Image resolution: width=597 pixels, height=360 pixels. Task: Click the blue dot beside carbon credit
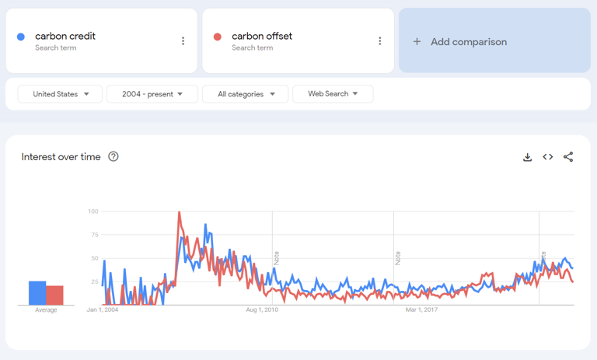pos(21,37)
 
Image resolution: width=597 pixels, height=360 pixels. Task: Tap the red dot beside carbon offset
pos(218,37)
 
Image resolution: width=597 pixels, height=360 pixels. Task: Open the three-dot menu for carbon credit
pos(183,41)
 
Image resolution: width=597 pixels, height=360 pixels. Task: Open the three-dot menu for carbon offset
pos(380,41)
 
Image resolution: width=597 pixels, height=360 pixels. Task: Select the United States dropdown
pos(61,94)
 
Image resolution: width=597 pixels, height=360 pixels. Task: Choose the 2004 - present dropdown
pos(152,94)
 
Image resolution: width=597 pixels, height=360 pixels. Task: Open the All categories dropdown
pos(246,94)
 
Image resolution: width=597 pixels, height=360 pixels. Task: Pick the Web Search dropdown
pos(333,94)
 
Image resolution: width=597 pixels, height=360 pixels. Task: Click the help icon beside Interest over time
pos(113,156)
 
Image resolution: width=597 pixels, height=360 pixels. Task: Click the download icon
pos(527,157)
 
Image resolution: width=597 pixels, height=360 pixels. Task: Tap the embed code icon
pos(548,157)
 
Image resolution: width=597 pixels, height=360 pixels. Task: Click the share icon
pos(568,157)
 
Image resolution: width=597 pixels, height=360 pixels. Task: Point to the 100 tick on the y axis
pos(93,211)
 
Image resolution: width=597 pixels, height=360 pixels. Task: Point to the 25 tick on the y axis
pos(95,281)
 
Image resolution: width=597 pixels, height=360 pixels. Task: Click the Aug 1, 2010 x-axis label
pos(262,309)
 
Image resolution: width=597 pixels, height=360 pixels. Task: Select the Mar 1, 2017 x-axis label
pos(422,309)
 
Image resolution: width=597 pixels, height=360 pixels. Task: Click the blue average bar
pos(37,293)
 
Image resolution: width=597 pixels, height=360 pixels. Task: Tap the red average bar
pos(54,295)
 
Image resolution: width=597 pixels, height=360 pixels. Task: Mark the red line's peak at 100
pos(180,212)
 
